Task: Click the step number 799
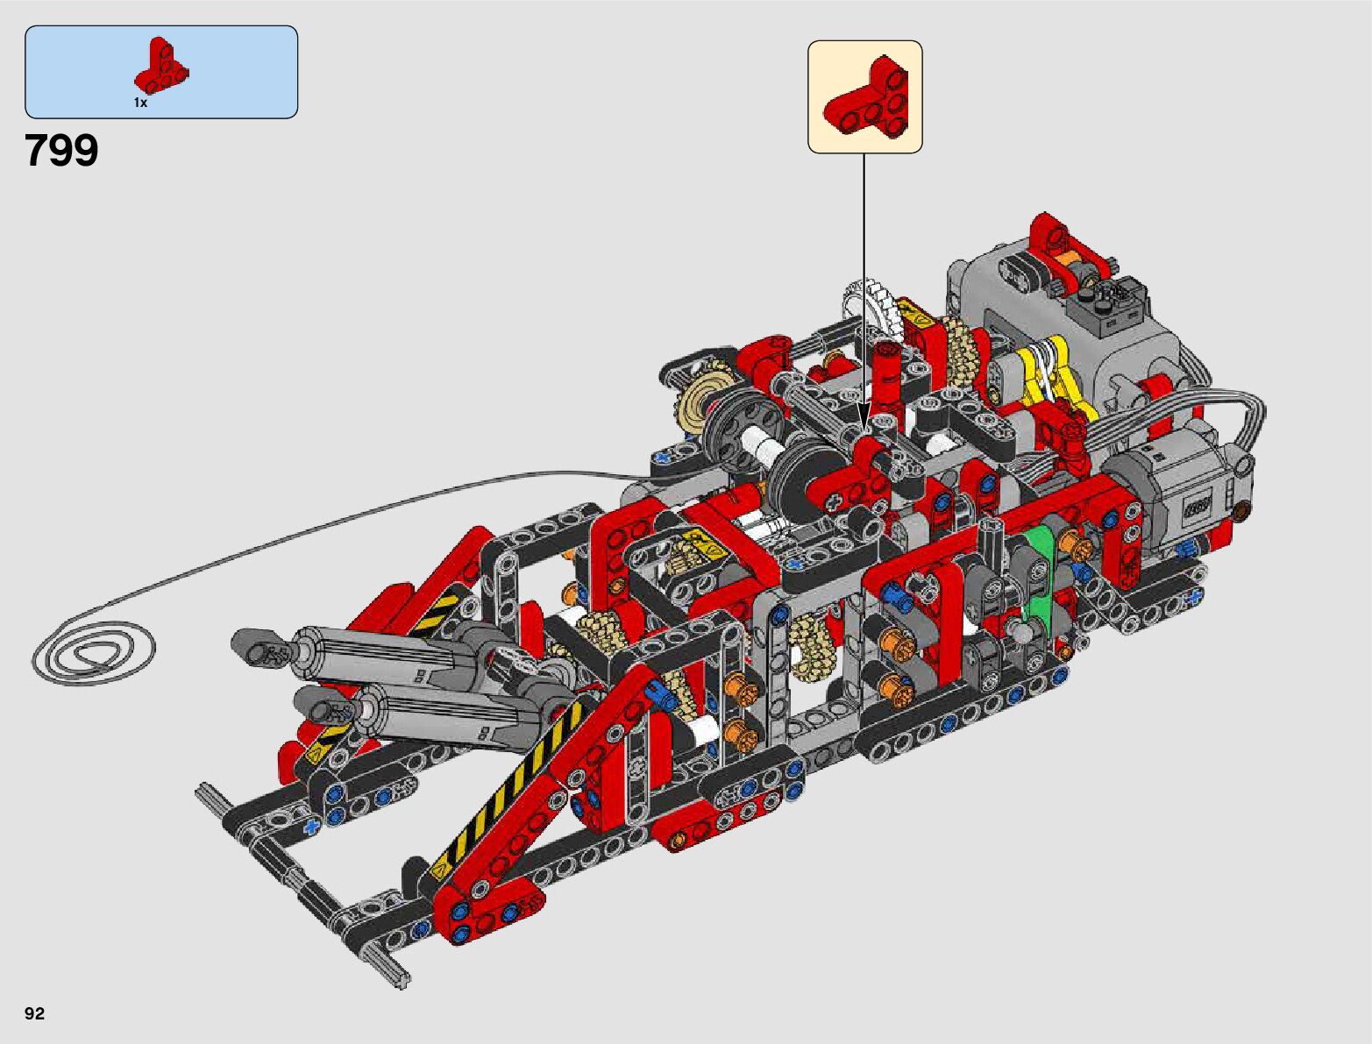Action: pos(62,151)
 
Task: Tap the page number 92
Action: pos(35,1012)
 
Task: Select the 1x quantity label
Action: pos(140,103)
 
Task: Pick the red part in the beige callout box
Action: pos(865,96)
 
